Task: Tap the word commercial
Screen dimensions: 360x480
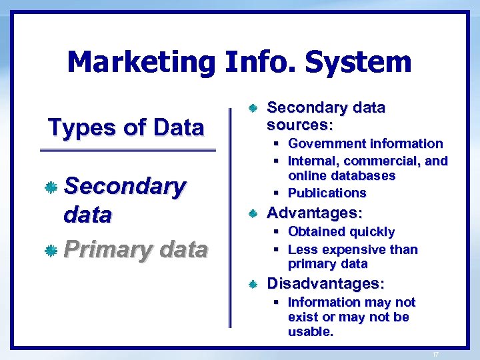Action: point(382,161)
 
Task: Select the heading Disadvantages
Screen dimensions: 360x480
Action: point(325,284)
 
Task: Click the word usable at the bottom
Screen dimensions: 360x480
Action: point(310,332)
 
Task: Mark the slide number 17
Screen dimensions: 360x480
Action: point(435,354)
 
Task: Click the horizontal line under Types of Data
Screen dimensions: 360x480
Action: point(128,151)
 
